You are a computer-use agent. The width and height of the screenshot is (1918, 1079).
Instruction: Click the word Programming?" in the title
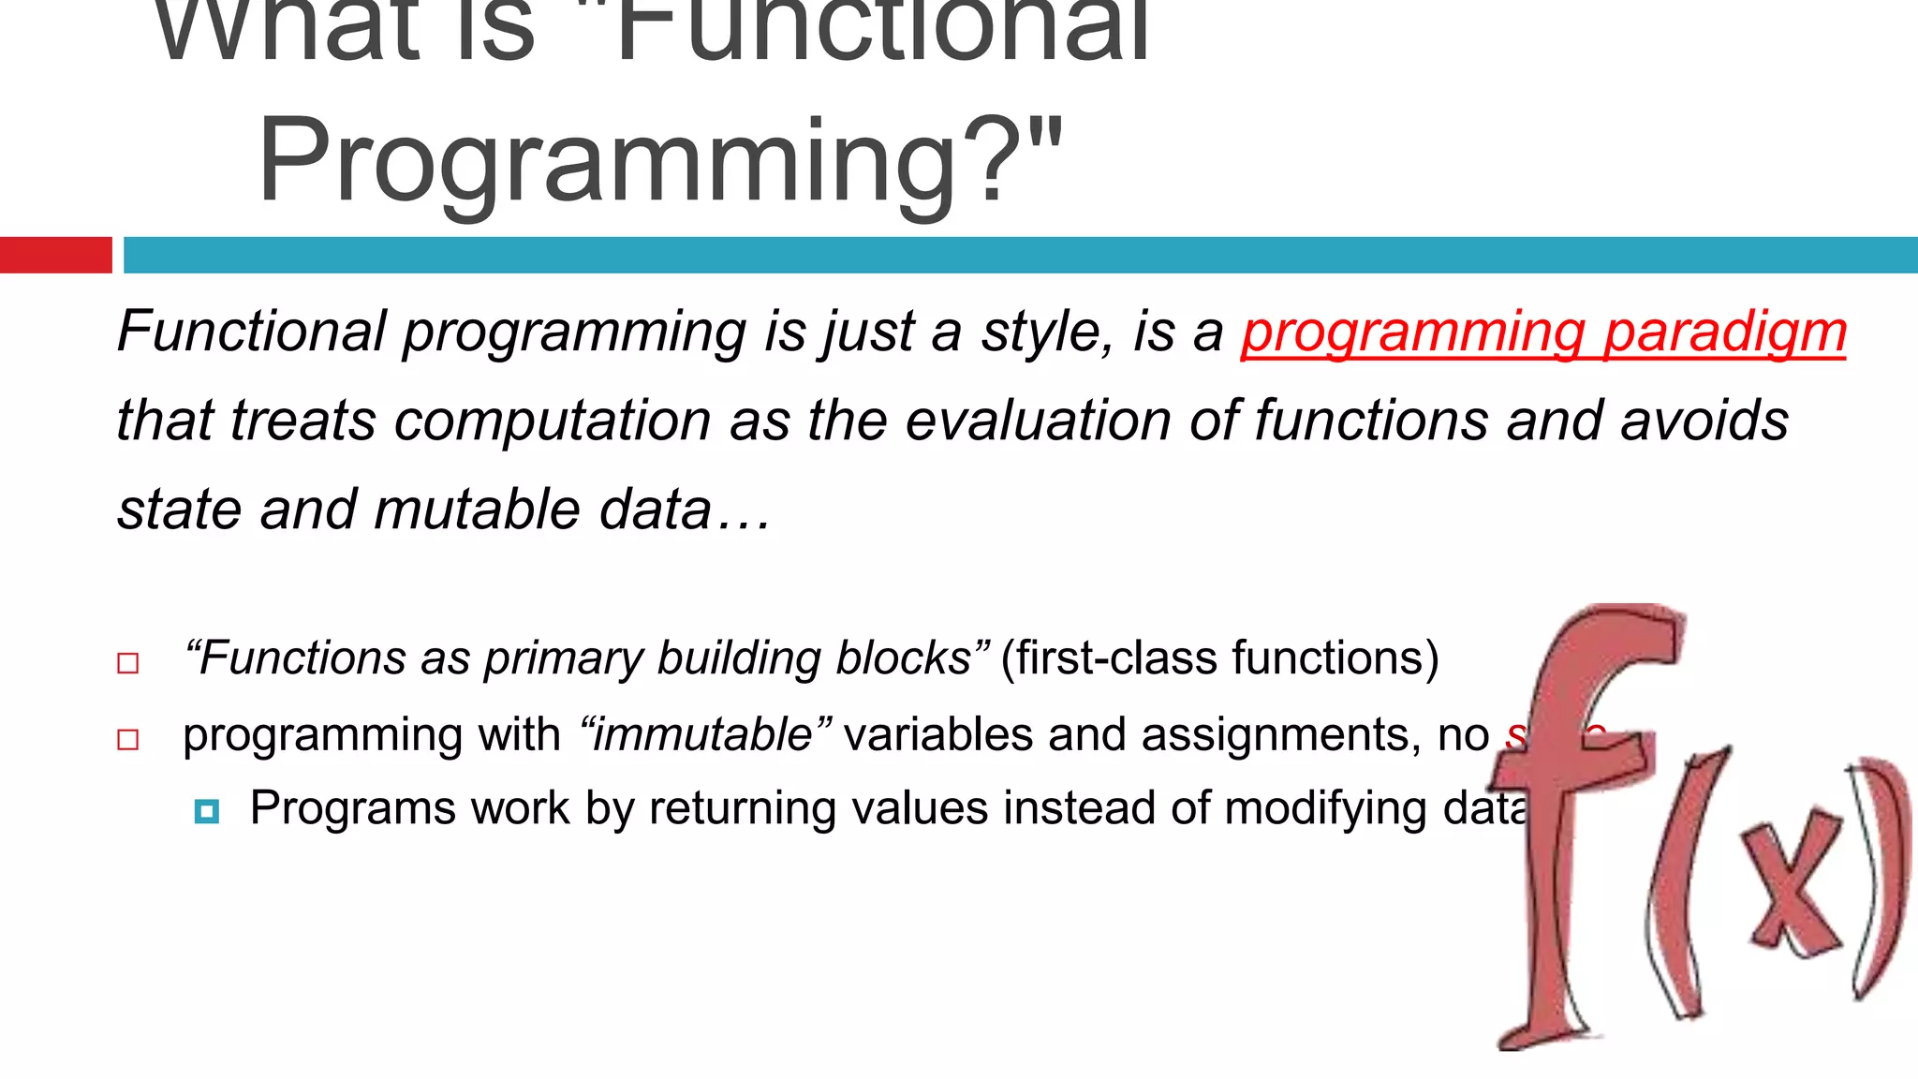point(660,161)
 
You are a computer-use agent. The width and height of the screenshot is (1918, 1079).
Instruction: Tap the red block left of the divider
point(55,255)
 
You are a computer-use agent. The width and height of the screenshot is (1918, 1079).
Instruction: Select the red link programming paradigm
point(1543,332)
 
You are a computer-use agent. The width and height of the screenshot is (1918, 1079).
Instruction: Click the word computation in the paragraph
point(553,421)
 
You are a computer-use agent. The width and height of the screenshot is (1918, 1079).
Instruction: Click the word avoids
point(1704,421)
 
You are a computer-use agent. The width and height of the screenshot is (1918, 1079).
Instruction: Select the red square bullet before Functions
point(128,664)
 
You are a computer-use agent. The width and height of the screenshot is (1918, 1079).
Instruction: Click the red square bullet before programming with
point(128,740)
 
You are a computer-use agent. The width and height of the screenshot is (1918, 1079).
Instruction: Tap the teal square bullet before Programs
point(207,811)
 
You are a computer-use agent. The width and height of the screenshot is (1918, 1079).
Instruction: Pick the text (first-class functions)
point(1219,658)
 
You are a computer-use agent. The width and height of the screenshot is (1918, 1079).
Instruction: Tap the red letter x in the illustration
point(1790,885)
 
